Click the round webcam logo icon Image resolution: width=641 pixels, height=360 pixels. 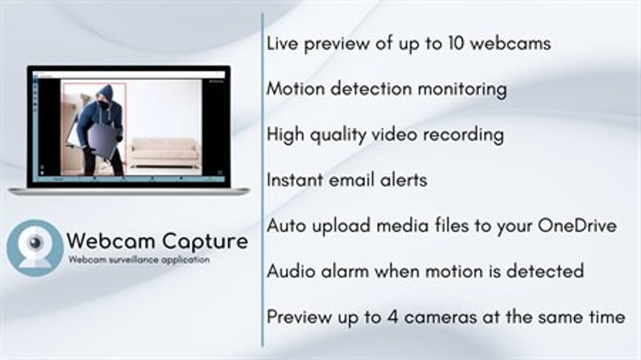coord(35,248)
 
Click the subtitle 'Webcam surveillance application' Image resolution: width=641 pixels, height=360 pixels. coord(139,259)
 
